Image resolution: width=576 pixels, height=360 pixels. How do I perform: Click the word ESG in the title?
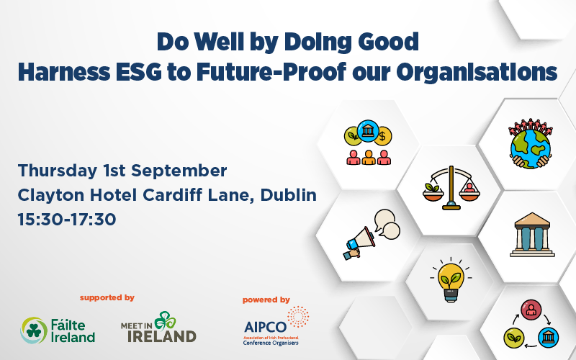coord(138,71)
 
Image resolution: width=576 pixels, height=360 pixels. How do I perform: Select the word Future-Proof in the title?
coord(271,71)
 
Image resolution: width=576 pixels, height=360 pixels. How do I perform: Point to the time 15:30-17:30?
coord(67,220)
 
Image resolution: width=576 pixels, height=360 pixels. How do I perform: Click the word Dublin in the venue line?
coord(289,194)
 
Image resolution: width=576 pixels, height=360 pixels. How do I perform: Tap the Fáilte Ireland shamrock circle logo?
coord(34,330)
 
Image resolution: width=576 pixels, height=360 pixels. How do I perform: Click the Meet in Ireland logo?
coord(158,327)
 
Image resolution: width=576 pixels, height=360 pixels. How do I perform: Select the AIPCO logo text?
coord(265,327)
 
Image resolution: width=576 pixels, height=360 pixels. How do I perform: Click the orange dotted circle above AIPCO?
coord(298,317)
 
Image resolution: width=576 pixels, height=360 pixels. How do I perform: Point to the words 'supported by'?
coord(107,297)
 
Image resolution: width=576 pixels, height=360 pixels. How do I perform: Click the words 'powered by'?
coord(266,300)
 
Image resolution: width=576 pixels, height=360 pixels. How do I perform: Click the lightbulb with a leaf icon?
coord(451,280)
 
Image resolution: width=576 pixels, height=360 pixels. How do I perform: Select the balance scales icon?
coord(451,188)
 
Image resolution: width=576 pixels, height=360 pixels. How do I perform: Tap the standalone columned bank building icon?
coord(532,235)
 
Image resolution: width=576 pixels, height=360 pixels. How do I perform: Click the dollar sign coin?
coord(382,137)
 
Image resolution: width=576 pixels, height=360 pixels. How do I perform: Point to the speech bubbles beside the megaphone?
coord(387,224)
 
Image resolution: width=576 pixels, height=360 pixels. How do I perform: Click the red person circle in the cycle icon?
coord(531,310)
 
